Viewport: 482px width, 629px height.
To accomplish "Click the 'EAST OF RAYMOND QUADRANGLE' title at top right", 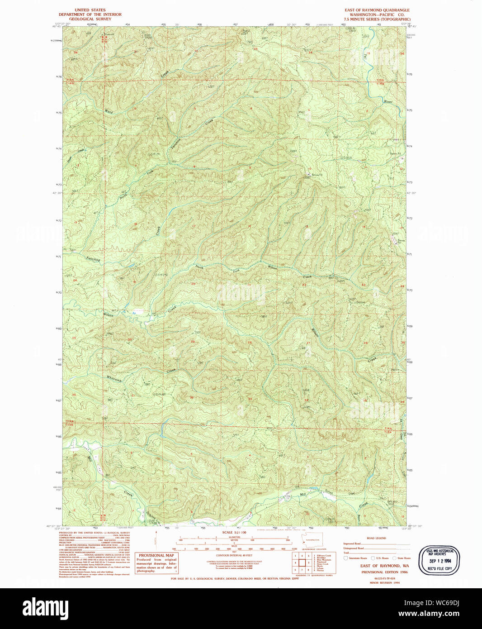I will tap(377, 10).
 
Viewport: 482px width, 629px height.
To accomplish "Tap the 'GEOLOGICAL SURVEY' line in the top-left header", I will tap(90, 19).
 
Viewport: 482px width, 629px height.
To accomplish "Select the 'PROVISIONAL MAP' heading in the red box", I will tap(156, 556).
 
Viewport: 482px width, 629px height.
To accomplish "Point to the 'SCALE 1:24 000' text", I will tap(234, 533).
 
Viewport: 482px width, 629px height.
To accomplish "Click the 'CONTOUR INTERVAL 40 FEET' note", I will tap(234, 555).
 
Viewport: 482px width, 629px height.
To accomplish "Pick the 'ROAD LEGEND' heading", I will tap(376, 538).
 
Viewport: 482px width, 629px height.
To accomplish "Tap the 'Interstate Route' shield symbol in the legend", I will tap(346, 558).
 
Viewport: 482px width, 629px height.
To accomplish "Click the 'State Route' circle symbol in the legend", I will tap(394, 558).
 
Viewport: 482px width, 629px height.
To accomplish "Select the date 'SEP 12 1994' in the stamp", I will tap(439, 561).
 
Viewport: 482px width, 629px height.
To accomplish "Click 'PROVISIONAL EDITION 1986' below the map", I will tap(384, 572).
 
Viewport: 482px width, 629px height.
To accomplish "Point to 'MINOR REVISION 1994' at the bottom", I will tap(384, 582).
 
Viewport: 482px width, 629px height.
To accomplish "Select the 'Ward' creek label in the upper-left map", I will tap(109, 111).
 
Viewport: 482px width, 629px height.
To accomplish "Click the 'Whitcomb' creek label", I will tap(114, 378).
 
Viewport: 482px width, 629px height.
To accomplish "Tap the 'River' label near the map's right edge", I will tap(388, 102).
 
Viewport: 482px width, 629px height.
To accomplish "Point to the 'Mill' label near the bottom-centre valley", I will tap(302, 495).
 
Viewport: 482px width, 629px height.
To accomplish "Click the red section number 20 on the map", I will tap(193, 284).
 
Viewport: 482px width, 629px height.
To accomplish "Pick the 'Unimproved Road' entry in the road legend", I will tap(354, 548).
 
